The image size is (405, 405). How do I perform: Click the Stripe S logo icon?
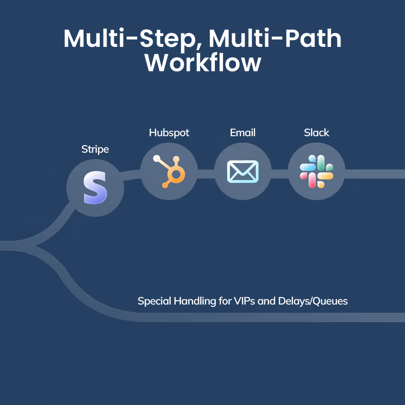click(95, 188)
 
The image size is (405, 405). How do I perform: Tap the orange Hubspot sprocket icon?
click(169, 171)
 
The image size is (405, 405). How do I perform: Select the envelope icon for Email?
click(243, 171)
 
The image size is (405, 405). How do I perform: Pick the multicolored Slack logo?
click(316, 171)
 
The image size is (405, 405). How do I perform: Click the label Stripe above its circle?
click(95, 149)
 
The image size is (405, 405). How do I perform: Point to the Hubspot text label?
click(169, 133)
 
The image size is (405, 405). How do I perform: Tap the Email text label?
click(243, 133)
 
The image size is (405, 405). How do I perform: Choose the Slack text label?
click(316, 133)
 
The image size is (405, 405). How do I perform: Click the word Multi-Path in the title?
click(275, 38)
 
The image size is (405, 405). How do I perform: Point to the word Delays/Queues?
click(313, 301)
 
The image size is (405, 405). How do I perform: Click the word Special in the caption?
click(154, 301)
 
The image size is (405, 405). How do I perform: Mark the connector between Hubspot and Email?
click(206, 174)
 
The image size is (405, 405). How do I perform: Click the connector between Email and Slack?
click(279, 174)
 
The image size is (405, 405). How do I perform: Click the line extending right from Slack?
click(375, 174)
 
